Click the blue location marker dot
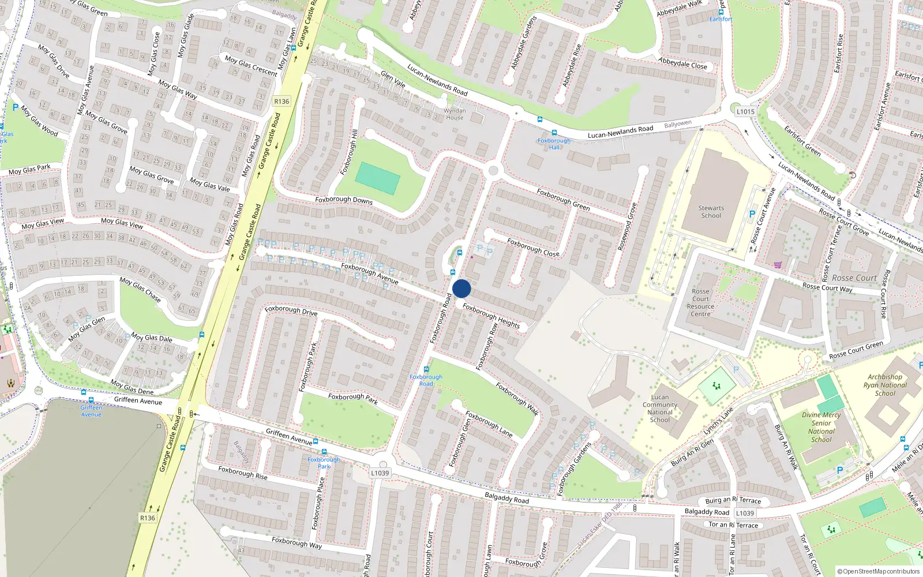click(x=461, y=288)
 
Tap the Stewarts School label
click(x=711, y=212)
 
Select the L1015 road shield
click(x=745, y=111)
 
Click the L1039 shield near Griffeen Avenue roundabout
click(x=380, y=473)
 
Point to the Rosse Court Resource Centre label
click(x=700, y=303)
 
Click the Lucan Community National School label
click(x=660, y=409)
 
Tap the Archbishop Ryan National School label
click(x=885, y=385)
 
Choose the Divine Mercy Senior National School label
click(x=821, y=427)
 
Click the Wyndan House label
click(x=455, y=114)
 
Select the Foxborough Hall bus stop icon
click(x=554, y=133)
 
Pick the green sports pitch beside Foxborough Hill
click(x=378, y=178)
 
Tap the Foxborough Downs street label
click(x=344, y=200)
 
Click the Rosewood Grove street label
click(x=627, y=226)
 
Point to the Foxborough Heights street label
click(x=491, y=316)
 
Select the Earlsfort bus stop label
click(x=721, y=19)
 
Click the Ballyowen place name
click(x=677, y=124)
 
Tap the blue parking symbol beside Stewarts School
click(x=752, y=214)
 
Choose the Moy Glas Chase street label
click(x=140, y=289)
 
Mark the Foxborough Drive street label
click(x=291, y=310)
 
